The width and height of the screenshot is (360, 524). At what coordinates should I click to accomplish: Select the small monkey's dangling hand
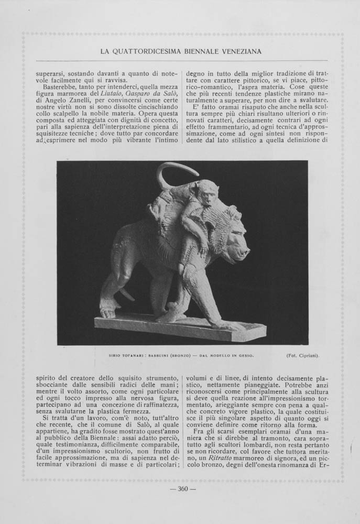(201, 251)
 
